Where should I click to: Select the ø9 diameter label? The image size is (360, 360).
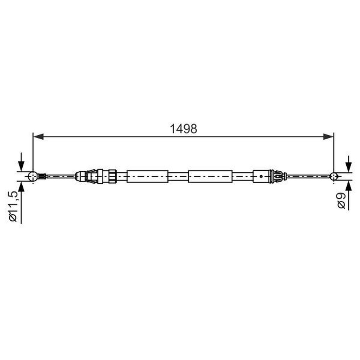coord(342,201)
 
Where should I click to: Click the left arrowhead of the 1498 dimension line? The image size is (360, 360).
coord(38,136)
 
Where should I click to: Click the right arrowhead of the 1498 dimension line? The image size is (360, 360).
coord(328,136)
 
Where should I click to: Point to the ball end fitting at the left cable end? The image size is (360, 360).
coord(33,176)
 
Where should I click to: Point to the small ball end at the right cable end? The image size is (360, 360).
coord(334,176)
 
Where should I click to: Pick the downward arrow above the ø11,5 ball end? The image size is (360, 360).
coord(21,165)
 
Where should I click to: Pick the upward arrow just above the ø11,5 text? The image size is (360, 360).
coord(21,188)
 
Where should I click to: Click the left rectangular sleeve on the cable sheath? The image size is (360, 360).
coord(147,176)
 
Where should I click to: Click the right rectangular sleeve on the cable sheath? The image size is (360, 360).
coord(210,176)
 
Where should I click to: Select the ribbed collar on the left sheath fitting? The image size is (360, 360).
coord(112,176)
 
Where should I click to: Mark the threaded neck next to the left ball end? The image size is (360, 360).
coord(42,176)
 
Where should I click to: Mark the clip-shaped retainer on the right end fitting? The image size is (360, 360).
coord(278,176)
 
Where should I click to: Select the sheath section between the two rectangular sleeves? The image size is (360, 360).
coord(178,176)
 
